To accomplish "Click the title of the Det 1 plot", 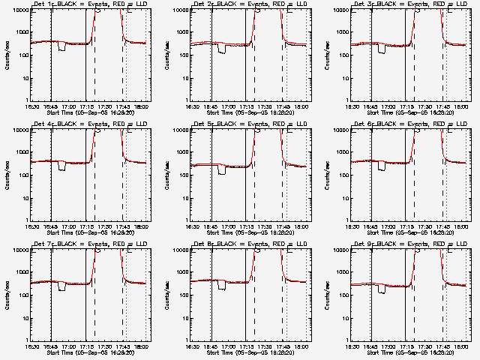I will coord(91,4).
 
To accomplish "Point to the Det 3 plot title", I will coord(411,4).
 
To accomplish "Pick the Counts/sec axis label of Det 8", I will coord(165,293).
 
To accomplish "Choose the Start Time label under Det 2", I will coord(250,112).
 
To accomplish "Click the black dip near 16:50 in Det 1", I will coord(61,48).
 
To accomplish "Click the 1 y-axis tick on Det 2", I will coord(184,100).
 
